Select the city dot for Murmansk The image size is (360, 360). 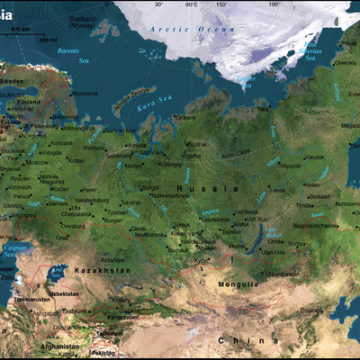coord(70,93)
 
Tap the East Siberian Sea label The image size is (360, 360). coord(310,49)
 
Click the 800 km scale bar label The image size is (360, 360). coord(20,31)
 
